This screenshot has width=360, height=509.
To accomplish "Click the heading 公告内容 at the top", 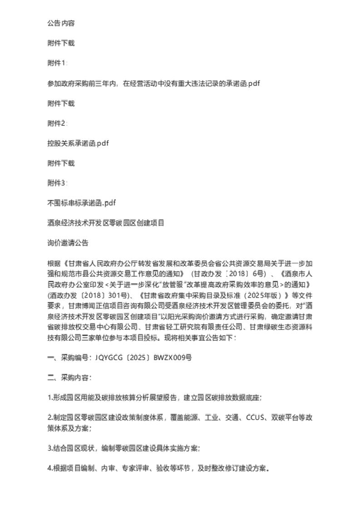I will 61,23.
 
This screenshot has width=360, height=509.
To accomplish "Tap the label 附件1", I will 57,63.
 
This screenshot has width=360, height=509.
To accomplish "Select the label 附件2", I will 57,123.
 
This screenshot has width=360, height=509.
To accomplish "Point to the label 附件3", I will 57,183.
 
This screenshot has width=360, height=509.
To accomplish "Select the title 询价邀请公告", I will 68,243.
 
